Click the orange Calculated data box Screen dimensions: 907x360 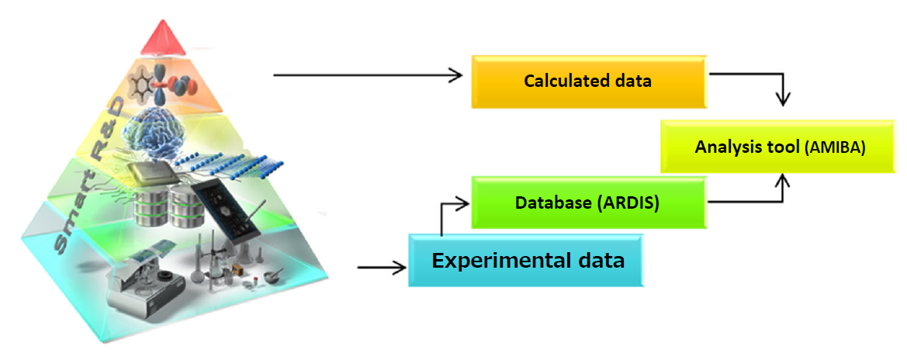point(589,81)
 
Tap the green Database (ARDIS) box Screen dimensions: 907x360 point(589,202)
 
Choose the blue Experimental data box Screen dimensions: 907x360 point(526,260)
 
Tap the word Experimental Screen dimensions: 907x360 point(493,260)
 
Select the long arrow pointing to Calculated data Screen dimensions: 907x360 point(369,74)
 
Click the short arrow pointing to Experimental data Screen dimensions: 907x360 point(383,268)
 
